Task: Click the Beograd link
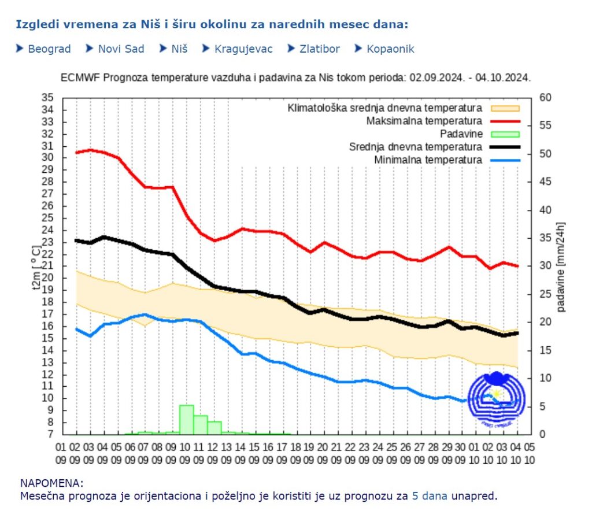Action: (x=49, y=49)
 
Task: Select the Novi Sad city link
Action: (x=121, y=49)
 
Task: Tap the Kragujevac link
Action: (x=243, y=49)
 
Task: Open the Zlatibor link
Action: (x=319, y=49)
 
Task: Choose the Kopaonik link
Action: (x=390, y=49)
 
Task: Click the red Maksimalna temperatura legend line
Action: (x=505, y=121)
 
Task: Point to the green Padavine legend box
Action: (x=505, y=134)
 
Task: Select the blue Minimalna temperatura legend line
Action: (x=505, y=160)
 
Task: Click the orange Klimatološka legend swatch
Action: (x=505, y=108)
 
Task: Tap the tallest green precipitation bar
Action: (x=186, y=419)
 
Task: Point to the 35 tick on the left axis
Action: (x=48, y=97)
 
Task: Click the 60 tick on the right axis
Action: (x=545, y=97)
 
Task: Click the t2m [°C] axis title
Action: (x=35, y=267)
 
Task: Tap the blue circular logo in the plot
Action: (x=496, y=399)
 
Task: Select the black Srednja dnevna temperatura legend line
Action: (x=505, y=147)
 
